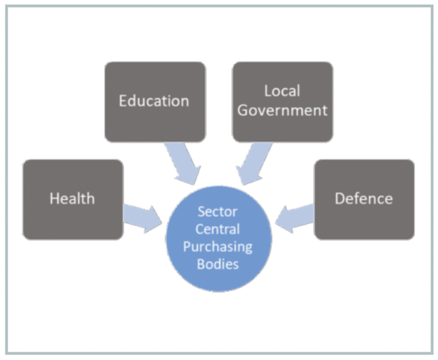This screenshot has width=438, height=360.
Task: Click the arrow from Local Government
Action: coord(253,163)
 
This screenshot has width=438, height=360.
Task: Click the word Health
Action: coord(72,199)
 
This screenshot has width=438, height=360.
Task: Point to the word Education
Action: coord(154,101)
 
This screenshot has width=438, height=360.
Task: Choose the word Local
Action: coord(282,91)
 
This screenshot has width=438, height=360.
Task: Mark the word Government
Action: coord(283,110)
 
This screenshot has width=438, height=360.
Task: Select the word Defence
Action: coord(364,199)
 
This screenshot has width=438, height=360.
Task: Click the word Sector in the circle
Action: coord(218,212)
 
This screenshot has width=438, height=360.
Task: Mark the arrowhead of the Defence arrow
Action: coord(284,220)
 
